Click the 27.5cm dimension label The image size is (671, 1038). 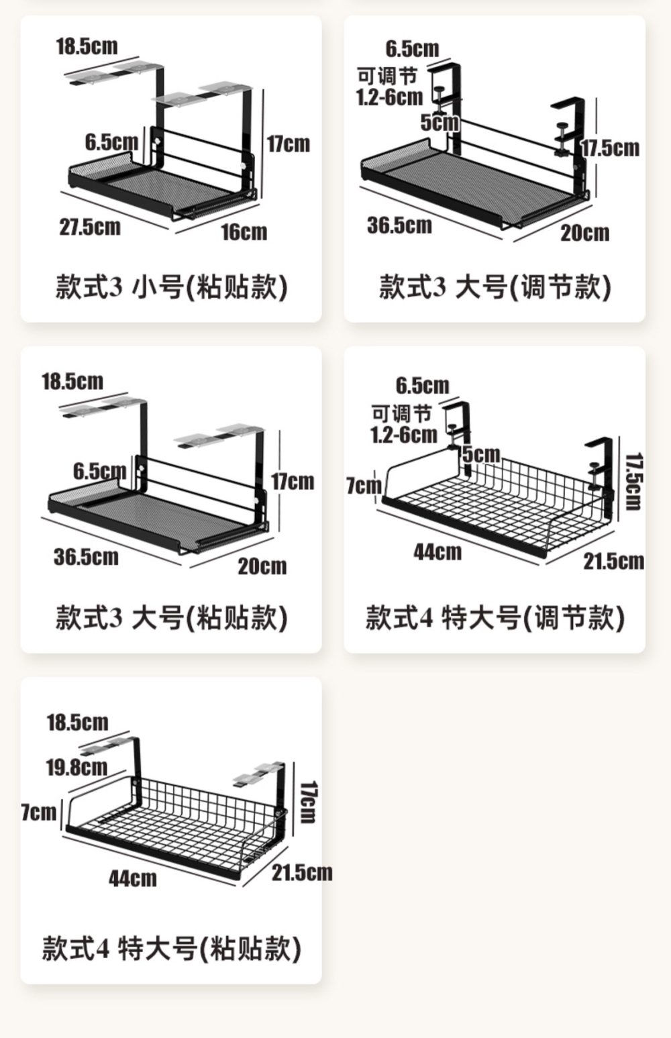point(90,227)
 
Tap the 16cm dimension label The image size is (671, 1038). point(244,232)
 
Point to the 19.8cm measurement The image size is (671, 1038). point(76,767)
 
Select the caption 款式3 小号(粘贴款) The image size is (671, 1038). point(171,287)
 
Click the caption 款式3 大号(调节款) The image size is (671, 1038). point(495,287)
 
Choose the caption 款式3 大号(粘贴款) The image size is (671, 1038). point(171,617)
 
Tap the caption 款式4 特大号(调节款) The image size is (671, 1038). point(495,617)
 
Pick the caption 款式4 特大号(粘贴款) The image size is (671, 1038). point(171,949)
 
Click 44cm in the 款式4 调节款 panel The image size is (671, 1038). point(437,552)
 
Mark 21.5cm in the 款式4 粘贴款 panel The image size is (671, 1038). point(302,872)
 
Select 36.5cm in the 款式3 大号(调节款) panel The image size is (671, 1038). point(399,225)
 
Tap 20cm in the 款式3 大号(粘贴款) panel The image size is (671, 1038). point(262,566)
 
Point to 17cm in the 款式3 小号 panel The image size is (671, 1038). point(289,144)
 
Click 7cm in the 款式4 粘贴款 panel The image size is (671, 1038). point(39,813)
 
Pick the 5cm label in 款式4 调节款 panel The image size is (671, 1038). point(481,454)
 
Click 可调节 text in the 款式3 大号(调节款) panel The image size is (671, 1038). point(387,76)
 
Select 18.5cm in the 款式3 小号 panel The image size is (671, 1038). point(87,46)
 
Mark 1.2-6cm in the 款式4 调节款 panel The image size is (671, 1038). point(403,435)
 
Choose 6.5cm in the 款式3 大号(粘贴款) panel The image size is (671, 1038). point(99,471)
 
